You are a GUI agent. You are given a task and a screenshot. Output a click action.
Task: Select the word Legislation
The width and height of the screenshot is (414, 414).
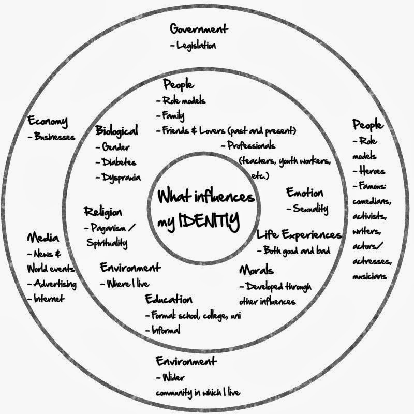click(196, 46)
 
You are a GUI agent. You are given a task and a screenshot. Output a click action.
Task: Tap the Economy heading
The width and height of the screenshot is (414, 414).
click(48, 122)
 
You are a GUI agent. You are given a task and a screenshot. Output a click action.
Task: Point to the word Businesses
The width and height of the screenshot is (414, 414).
click(55, 137)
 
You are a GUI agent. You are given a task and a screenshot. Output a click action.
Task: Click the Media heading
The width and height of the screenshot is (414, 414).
click(43, 239)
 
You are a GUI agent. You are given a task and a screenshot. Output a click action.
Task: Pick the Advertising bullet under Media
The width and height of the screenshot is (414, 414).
click(55, 284)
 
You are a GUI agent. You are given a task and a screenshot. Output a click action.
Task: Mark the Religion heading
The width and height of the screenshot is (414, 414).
click(103, 212)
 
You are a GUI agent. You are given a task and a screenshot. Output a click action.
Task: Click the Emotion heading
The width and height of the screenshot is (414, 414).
click(305, 193)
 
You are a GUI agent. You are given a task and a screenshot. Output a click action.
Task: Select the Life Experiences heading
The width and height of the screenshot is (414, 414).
click(299, 235)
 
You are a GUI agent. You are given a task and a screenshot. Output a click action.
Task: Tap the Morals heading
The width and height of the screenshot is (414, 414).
click(256, 271)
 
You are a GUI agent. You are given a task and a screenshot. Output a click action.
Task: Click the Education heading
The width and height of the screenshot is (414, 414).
click(168, 300)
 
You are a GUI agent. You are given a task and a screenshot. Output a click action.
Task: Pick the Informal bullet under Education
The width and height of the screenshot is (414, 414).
click(166, 330)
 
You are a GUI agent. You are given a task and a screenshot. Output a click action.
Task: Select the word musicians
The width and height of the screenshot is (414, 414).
click(369, 276)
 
